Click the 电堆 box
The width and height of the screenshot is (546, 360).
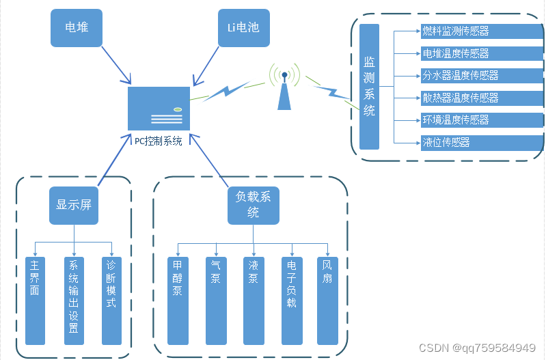tap(77, 28)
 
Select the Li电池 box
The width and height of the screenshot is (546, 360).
tap(243, 28)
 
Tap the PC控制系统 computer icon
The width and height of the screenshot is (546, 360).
tap(159, 108)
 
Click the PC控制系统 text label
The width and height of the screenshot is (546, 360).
tap(158, 141)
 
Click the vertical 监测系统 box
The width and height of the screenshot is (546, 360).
tap(369, 86)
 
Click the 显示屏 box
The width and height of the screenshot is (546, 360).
tap(74, 205)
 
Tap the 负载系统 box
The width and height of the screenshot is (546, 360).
tap(254, 205)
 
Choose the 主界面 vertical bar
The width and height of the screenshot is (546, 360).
tap(35, 301)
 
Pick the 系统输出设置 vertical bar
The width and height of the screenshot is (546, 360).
tap(73, 301)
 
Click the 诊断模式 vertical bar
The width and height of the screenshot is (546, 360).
tap(111, 301)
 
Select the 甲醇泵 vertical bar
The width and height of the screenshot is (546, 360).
tap(177, 301)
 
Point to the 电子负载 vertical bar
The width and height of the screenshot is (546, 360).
tap(292, 301)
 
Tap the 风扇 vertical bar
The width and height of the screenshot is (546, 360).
tap(327, 301)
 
